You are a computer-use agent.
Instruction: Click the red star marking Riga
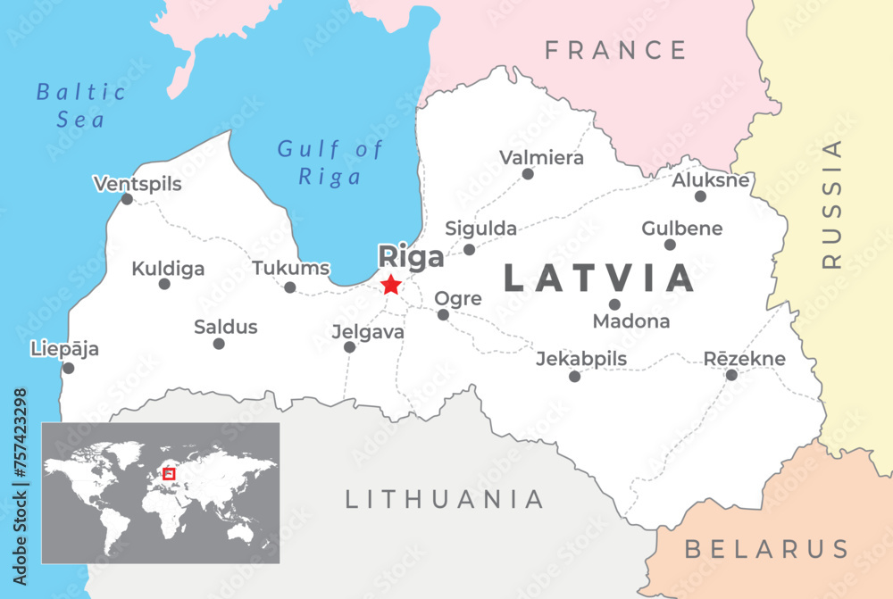click(391, 285)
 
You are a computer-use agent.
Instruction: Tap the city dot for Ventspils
click(127, 199)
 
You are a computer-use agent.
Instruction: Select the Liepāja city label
click(64, 348)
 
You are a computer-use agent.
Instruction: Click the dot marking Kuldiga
click(164, 284)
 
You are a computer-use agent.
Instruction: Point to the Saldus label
click(226, 327)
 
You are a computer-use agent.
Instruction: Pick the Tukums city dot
click(290, 287)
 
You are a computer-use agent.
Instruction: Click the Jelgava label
click(368, 331)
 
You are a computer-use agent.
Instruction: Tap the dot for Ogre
click(443, 314)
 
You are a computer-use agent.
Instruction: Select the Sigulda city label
click(481, 229)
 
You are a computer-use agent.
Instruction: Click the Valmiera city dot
click(528, 174)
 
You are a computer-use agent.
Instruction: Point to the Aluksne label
click(711, 180)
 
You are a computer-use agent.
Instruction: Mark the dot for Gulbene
click(670, 245)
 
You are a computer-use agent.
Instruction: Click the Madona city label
click(631, 321)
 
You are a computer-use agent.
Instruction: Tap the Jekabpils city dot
click(574, 377)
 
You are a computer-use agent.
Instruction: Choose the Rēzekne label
click(745, 359)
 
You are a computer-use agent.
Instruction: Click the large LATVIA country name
click(599, 279)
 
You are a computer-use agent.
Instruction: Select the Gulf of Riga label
click(330, 162)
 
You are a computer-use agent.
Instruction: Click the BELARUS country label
click(766, 548)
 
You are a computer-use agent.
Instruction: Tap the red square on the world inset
click(169, 474)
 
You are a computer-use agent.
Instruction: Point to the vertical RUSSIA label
click(832, 204)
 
